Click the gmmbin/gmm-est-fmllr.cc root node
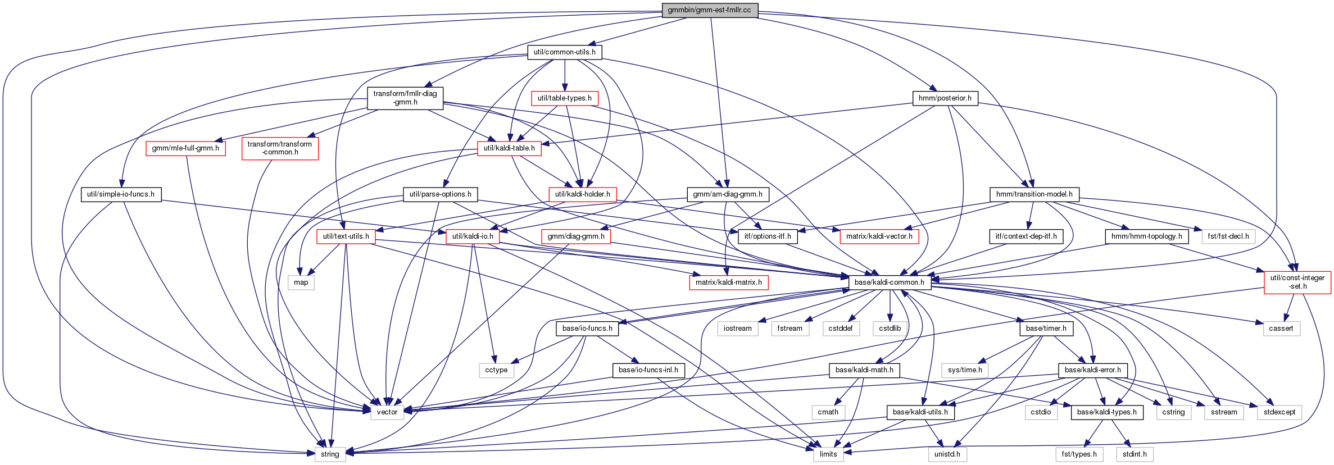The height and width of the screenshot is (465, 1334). [710, 10]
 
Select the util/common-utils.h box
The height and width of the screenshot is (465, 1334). [565, 52]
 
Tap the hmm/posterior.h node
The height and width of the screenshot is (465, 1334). [945, 98]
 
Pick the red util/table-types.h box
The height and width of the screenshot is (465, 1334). [565, 98]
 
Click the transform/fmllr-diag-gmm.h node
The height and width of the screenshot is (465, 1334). [405, 98]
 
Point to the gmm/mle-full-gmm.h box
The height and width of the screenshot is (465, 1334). [185, 148]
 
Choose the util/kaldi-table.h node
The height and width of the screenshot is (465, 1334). [510, 148]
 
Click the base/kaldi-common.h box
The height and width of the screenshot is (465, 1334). [890, 282]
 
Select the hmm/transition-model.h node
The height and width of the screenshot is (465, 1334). [1034, 194]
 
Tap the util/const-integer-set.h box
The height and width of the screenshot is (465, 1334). [1297, 282]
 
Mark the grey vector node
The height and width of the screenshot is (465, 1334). [387, 412]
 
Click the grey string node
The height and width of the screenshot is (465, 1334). [330, 454]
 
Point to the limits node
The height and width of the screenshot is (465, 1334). [828, 454]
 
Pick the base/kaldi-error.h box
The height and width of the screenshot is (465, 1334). [1093, 370]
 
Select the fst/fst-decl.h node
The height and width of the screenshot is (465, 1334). [1228, 236]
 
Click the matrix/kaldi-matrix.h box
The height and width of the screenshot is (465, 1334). [729, 282]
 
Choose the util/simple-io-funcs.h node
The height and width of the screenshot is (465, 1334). [121, 194]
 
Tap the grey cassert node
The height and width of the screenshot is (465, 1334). [1281, 329]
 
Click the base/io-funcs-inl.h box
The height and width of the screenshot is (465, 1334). [648, 370]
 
